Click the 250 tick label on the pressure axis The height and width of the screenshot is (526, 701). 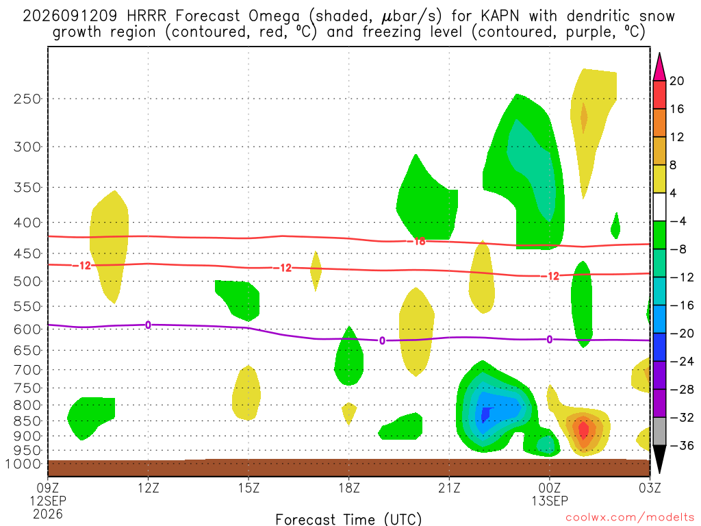pyautogui.click(x=27, y=99)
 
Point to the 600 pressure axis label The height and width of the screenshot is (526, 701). pyautogui.click(x=27, y=329)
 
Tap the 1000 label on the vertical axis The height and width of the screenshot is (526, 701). pyautogui.click(x=24, y=464)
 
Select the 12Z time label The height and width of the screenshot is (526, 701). pyautogui.click(x=149, y=488)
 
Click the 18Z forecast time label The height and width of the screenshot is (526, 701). pyautogui.click(x=349, y=488)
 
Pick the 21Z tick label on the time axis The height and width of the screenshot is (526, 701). pyautogui.click(x=449, y=488)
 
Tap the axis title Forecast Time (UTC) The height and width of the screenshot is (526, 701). pyautogui.click(x=348, y=519)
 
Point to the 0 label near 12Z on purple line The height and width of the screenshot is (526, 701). pyautogui.click(x=148, y=325)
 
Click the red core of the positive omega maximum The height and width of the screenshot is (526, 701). pyautogui.click(x=583, y=429)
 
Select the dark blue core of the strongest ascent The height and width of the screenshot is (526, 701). pyautogui.click(x=485, y=414)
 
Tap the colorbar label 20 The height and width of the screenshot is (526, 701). pyautogui.click(x=676, y=81)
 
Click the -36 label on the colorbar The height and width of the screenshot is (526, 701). pyautogui.click(x=681, y=445)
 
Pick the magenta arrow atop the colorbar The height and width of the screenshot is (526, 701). pyautogui.click(x=659, y=66)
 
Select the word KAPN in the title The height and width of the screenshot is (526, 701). pyautogui.click(x=500, y=16)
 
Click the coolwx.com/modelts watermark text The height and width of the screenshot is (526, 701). pyautogui.click(x=630, y=518)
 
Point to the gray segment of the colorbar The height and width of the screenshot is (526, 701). pyautogui.click(x=659, y=431)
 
